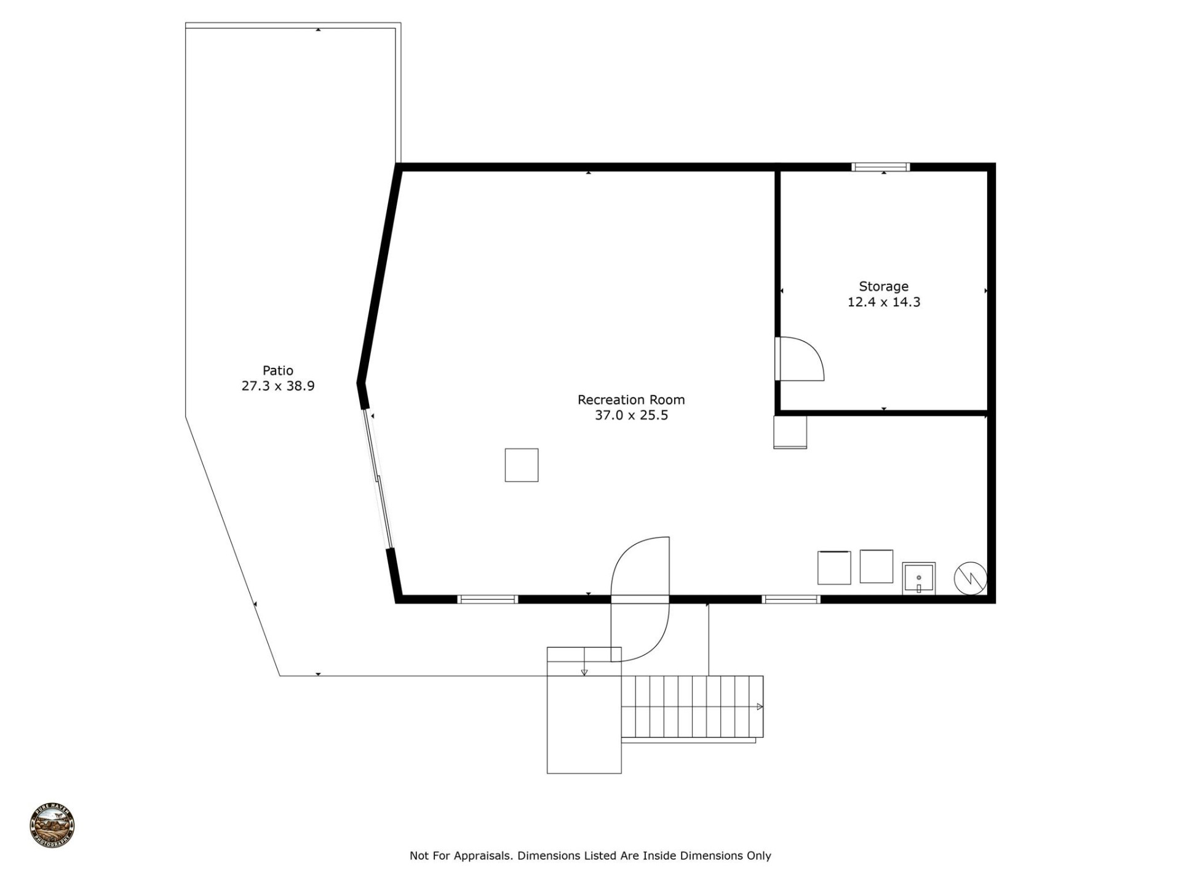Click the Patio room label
click(277, 370)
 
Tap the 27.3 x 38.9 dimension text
click(277, 386)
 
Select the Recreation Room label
click(630, 400)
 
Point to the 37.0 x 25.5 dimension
click(630, 415)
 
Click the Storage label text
click(883, 287)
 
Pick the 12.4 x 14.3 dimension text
click(883, 302)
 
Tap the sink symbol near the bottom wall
click(918, 578)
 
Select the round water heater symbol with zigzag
click(970, 578)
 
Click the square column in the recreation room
click(522, 465)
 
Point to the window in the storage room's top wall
click(880, 167)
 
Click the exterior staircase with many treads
click(692, 706)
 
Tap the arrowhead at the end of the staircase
click(760, 707)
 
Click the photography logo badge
click(52, 826)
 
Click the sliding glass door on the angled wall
click(378, 480)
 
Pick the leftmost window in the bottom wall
click(488, 599)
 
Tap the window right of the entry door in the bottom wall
click(790, 599)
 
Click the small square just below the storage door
click(790, 432)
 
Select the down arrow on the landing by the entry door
click(584, 671)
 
